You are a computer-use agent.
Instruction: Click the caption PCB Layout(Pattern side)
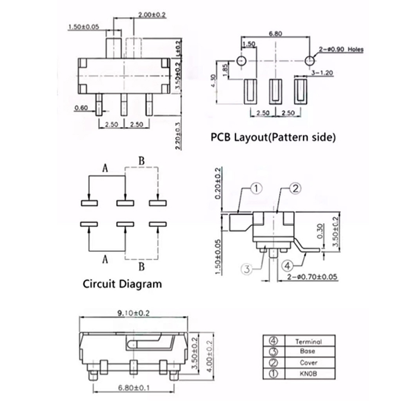(x=273, y=138)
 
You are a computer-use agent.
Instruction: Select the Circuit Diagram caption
(x=122, y=284)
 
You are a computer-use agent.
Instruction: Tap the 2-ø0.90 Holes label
(x=342, y=49)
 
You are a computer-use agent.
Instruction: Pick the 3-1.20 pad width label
(x=322, y=73)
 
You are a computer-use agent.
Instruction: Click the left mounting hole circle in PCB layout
(x=241, y=61)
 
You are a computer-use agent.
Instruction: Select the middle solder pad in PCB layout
(x=276, y=90)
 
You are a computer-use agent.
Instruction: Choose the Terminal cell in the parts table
(x=308, y=342)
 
